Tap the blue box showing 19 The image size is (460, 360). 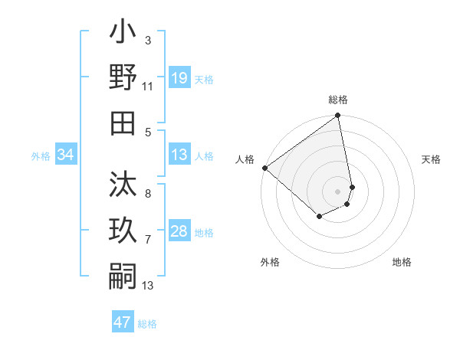click(x=179, y=78)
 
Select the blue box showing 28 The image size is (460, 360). click(x=179, y=231)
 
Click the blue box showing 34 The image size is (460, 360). click(x=66, y=155)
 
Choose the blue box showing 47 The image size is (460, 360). click(x=123, y=322)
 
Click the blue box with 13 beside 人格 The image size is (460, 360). click(x=179, y=155)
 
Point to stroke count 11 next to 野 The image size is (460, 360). click(x=148, y=87)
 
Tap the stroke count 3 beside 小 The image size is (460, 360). click(x=148, y=40)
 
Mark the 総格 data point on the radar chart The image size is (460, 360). click(x=337, y=116)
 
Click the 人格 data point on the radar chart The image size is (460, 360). click(x=264, y=168)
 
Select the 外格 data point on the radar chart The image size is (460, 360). click(x=319, y=217)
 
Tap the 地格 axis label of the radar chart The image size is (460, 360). click(x=402, y=262)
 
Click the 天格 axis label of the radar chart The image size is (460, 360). click(x=431, y=159)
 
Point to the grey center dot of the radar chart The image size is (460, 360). click(x=337, y=191)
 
